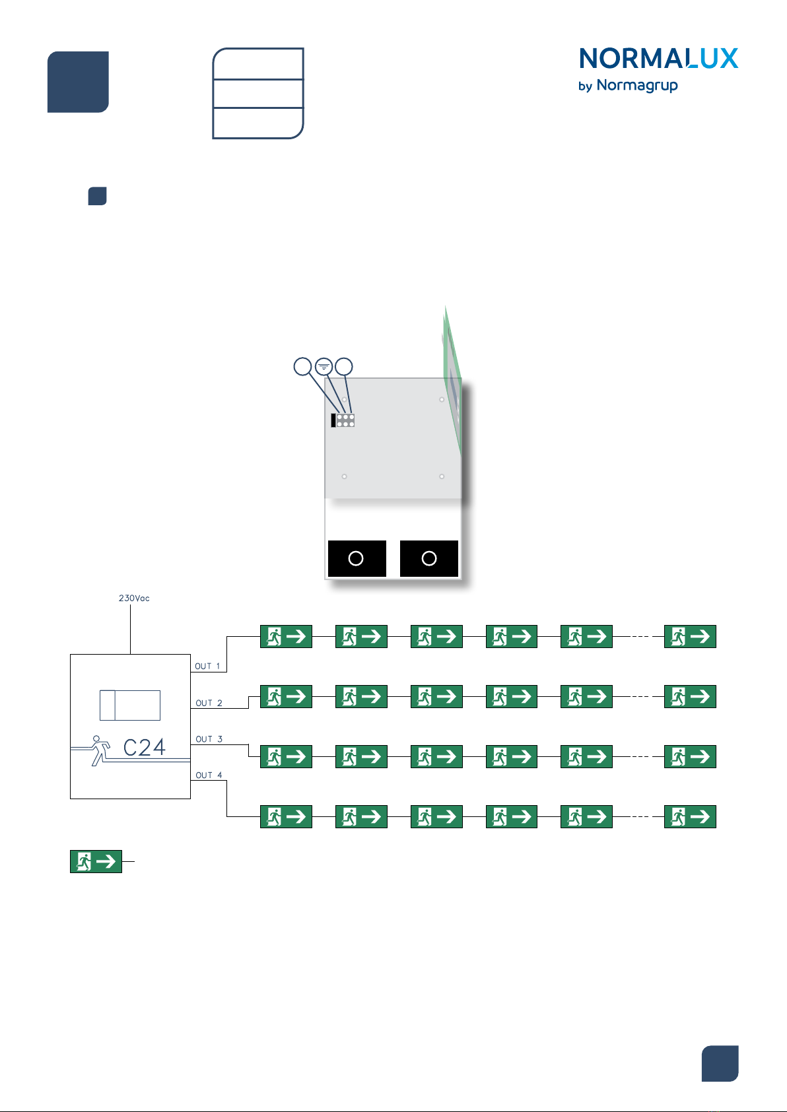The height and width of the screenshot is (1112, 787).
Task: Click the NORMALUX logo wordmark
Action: point(658,59)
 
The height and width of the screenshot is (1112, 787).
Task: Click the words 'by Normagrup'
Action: point(627,86)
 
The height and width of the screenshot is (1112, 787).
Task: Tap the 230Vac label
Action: point(134,599)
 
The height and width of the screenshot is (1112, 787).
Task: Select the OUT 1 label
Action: point(207,667)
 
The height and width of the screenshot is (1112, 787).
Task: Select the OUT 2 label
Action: point(209,703)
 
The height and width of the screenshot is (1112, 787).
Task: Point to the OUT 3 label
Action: point(209,740)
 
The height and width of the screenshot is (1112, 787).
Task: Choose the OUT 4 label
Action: point(209,775)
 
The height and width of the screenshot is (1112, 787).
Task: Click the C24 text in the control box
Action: point(145,748)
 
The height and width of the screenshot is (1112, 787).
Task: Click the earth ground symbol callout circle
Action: point(324,366)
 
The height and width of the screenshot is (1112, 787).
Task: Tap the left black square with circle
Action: point(357,558)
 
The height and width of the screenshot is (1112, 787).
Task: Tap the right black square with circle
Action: point(429,558)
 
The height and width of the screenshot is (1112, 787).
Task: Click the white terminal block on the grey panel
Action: point(345,420)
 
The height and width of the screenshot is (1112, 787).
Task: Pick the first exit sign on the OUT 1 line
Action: point(286,636)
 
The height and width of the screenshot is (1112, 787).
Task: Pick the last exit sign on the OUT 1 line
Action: point(690,636)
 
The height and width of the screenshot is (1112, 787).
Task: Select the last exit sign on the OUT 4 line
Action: point(690,816)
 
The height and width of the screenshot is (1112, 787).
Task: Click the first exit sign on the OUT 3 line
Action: point(286,756)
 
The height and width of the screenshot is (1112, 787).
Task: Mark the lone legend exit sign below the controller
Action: point(96,861)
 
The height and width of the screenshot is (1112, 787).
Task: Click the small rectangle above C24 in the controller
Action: point(130,705)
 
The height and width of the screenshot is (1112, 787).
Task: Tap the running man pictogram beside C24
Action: point(100,750)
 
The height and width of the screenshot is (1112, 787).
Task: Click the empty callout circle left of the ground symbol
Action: point(302,366)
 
